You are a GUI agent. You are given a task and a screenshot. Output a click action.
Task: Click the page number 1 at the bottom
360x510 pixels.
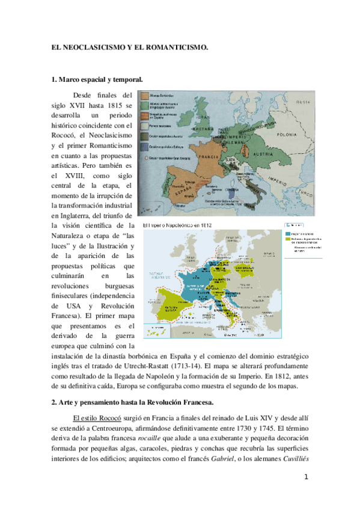pos(306,478)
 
